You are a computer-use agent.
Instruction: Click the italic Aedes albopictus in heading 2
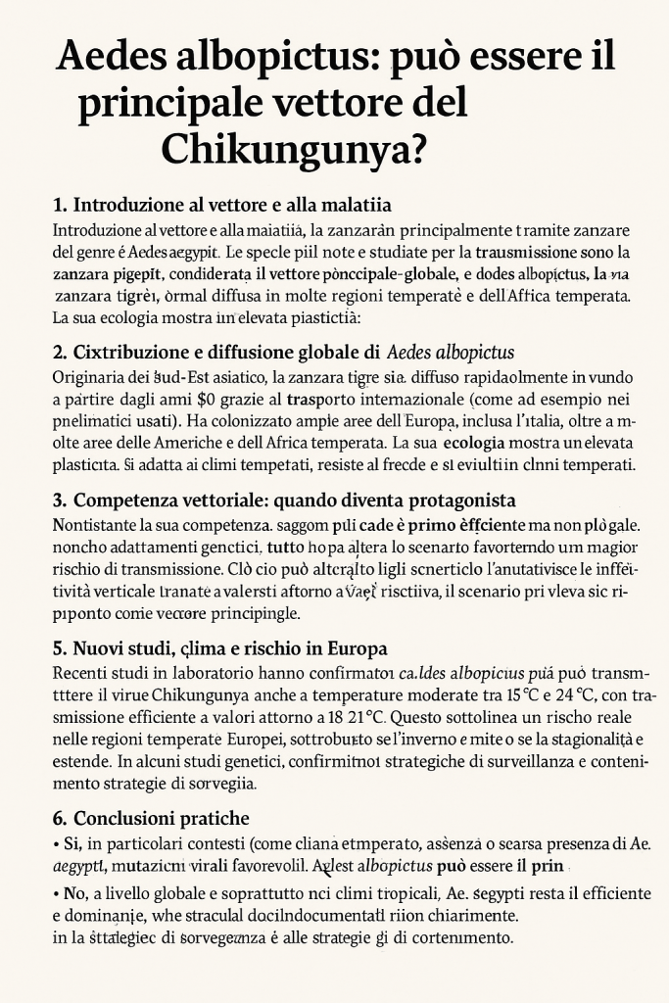click(x=452, y=352)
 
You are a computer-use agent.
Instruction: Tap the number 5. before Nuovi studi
click(x=59, y=648)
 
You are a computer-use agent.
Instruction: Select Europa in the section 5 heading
click(x=354, y=648)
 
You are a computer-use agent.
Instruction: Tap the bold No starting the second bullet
click(x=72, y=894)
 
